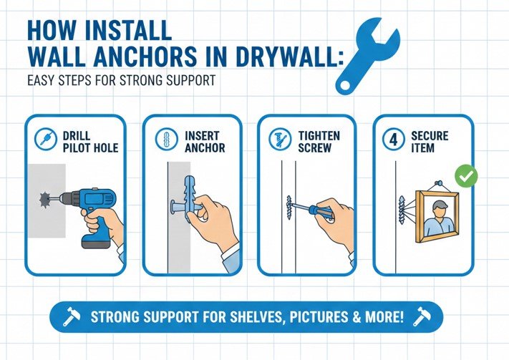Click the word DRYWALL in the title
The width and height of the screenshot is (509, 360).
click(x=289, y=57)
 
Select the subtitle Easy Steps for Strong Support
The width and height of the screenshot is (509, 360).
click(x=122, y=80)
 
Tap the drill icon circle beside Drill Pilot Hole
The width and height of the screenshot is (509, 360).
click(x=46, y=139)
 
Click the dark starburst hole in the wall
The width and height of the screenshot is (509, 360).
click(x=45, y=199)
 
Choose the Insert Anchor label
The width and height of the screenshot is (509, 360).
click(x=205, y=142)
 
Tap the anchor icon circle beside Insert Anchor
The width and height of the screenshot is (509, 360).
click(x=167, y=139)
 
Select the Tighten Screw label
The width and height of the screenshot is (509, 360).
click(x=319, y=142)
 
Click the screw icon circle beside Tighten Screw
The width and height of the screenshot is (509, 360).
click(x=280, y=139)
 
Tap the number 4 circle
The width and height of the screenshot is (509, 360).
click(x=394, y=140)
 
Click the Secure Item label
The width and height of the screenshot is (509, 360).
click(x=430, y=142)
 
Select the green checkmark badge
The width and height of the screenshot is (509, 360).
click(x=466, y=176)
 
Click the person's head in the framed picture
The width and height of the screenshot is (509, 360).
click(x=440, y=208)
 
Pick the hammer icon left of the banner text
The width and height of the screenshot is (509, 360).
click(x=71, y=316)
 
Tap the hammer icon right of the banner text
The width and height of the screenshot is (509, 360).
click(x=422, y=316)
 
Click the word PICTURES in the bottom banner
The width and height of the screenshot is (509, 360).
click(x=318, y=317)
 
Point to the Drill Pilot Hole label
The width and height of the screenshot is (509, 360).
click(x=90, y=142)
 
